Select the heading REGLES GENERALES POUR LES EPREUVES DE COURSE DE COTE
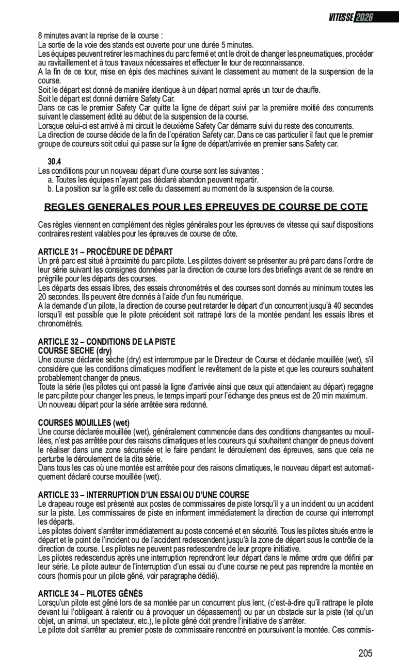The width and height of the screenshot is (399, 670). point(206,207)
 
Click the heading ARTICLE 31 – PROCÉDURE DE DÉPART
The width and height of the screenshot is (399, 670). point(105,251)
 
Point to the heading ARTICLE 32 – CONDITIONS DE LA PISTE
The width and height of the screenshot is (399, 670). point(107,341)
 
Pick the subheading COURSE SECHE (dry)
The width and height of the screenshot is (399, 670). point(75,350)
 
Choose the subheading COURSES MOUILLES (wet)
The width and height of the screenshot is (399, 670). point(84,423)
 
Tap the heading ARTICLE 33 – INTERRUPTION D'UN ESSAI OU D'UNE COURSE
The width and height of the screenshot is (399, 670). point(143,494)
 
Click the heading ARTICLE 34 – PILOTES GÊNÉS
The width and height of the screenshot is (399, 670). point(90,594)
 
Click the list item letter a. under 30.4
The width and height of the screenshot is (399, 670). point(51,179)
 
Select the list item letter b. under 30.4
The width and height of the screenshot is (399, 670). point(51,189)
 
